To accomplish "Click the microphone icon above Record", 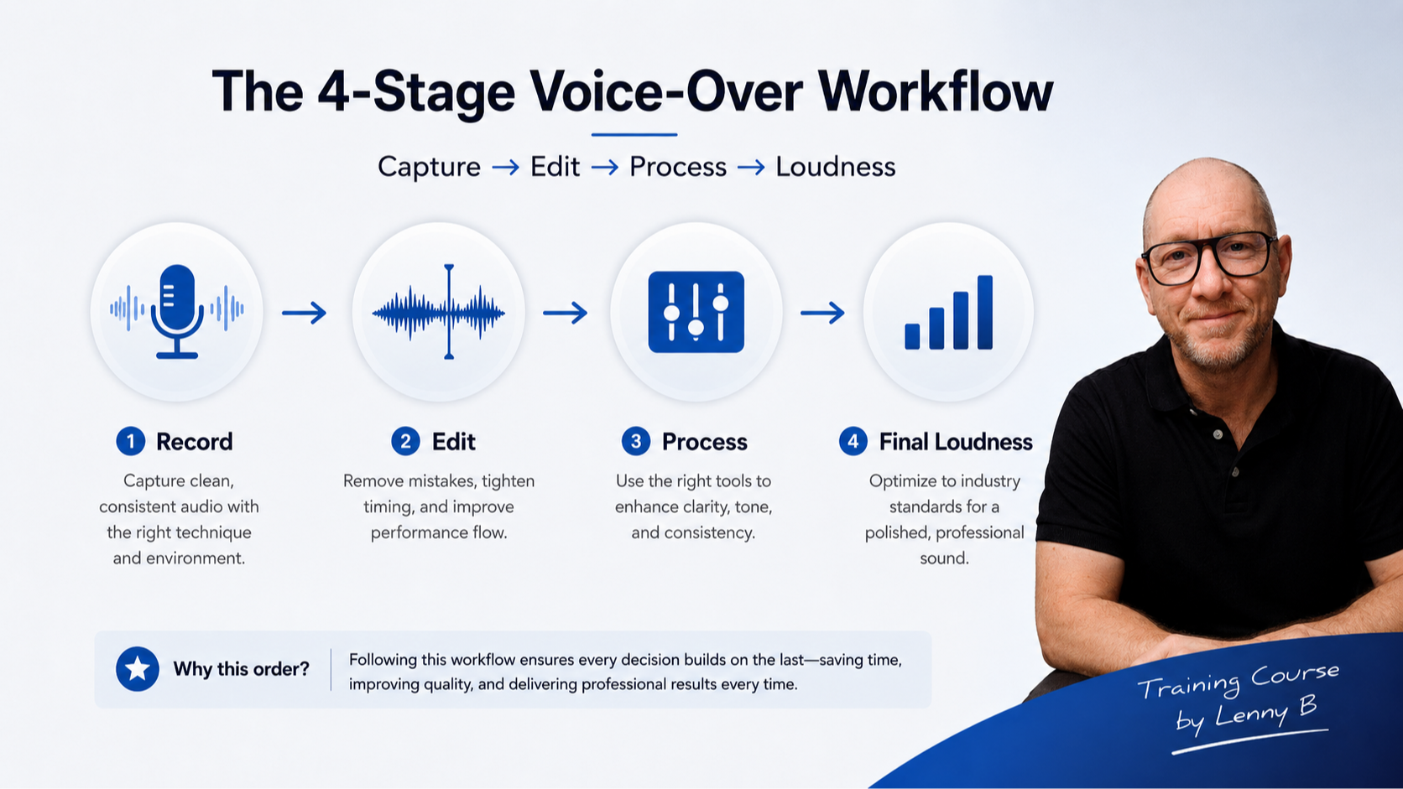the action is (177, 312).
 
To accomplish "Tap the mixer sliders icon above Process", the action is (696, 312).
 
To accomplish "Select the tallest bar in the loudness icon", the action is (984, 312).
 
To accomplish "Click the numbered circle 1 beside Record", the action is (130, 442).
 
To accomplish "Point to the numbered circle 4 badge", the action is (853, 442).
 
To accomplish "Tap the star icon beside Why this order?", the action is (137, 669).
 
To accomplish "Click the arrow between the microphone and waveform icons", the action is (305, 312).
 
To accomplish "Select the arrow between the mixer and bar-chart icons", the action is (822, 312).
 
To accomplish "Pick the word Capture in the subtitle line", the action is (429, 167).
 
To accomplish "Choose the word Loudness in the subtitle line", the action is (836, 166).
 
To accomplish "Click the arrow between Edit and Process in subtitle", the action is (604, 167).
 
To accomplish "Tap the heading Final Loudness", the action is (956, 442).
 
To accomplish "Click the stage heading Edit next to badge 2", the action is (453, 442).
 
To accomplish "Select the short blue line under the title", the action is (634, 134).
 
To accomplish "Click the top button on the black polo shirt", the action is (1218, 434).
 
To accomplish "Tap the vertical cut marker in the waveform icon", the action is (449, 312).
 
